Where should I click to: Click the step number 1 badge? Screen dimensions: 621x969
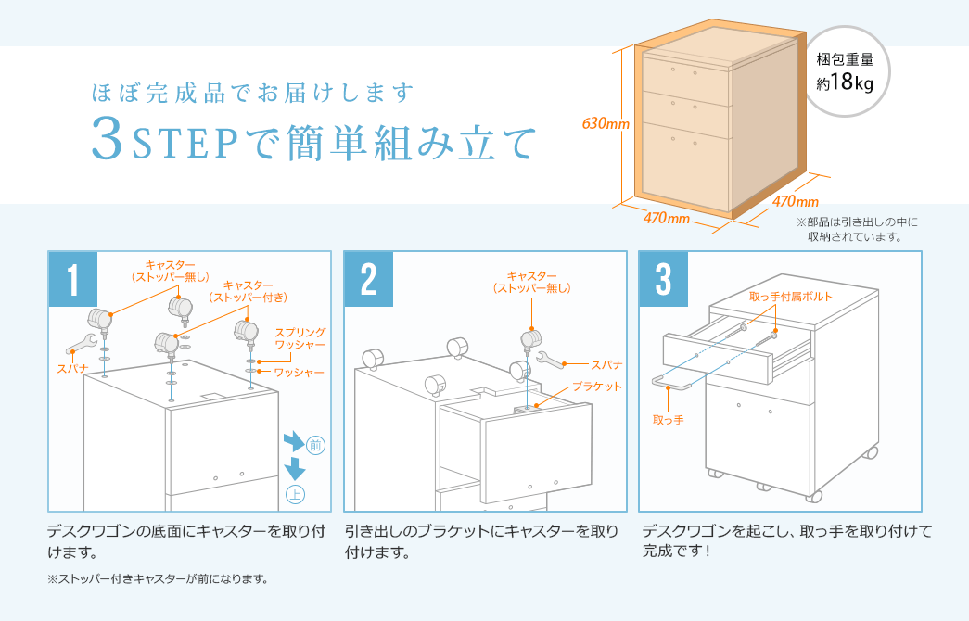coord(73,276)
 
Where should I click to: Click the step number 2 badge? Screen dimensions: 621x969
coord(369,276)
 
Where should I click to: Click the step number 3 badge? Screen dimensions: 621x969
coord(664,276)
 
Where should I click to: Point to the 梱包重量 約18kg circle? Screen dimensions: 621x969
coord(845,71)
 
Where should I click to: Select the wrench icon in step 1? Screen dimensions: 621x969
coord(82,343)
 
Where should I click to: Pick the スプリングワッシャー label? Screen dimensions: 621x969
coord(300,338)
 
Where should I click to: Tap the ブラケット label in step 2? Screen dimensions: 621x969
coord(596,386)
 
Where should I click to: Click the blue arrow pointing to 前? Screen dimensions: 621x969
coord(294,439)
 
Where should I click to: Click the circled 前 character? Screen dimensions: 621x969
coord(315,446)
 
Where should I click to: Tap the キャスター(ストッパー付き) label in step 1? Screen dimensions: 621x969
coord(249,291)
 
